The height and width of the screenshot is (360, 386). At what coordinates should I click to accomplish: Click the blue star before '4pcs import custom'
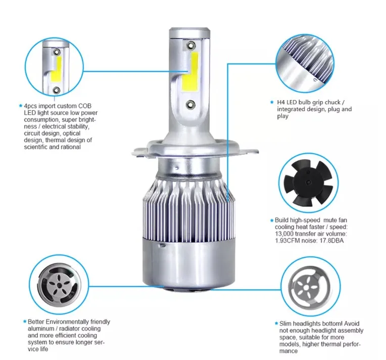tap(21, 106)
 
